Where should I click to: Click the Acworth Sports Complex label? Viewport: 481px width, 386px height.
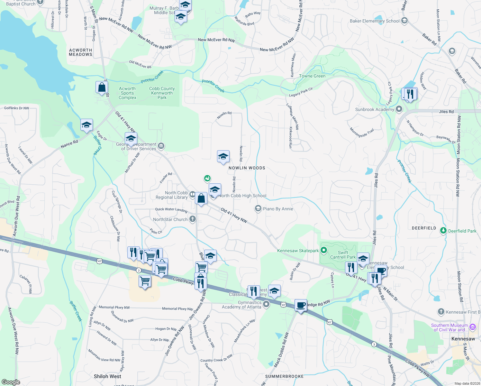127,93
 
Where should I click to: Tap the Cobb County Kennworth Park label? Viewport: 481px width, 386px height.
162,93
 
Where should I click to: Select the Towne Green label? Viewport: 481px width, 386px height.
312,76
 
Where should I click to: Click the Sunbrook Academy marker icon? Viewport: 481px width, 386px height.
399,109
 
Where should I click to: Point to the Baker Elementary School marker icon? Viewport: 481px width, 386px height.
404,21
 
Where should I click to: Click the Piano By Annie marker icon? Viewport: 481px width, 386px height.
258,209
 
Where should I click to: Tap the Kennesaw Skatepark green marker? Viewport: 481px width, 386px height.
324,250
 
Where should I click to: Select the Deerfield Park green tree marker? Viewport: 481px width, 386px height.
443,231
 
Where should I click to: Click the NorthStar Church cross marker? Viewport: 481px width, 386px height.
193,219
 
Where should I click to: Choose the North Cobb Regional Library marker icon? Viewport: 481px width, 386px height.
192,194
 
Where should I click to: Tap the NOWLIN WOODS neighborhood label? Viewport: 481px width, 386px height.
247,168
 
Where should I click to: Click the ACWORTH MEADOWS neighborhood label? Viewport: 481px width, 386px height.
80,52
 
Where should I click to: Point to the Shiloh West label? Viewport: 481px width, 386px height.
107,376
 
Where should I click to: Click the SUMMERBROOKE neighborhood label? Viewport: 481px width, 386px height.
284,376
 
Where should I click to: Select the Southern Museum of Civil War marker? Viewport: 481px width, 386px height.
472,327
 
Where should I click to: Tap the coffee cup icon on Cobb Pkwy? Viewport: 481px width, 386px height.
301,305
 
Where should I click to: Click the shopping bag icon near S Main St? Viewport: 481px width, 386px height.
102,87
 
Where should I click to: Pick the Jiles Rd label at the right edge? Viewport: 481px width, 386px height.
446,112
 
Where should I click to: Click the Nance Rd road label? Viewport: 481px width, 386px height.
69,144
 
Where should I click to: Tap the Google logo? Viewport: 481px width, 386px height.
11,382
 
